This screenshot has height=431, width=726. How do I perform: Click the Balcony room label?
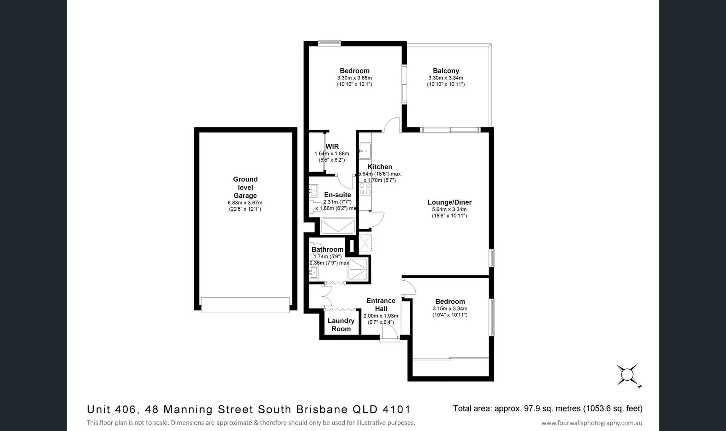(x=446, y=71)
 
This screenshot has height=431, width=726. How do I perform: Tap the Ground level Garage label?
(x=245, y=188)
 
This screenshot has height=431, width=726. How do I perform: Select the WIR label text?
(x=332, y=146)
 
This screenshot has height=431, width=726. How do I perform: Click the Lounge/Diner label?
(x=449, y=202)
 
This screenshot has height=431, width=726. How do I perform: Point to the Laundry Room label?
(x=341, y=325)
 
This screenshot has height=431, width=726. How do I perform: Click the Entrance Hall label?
(x=381, y=304)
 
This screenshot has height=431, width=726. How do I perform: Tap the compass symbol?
(x=627, y=375)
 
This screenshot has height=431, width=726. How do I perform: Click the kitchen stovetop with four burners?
(x=365, y=189)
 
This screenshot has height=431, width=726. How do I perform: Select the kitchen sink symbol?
(x=365, y=151)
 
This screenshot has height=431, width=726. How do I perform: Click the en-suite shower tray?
(x=337, y=226)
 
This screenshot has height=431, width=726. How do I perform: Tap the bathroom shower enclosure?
(x=358, y=269)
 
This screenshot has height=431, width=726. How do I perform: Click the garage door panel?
(x=245, y=305)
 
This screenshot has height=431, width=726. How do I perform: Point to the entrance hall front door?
(x=389, y=333)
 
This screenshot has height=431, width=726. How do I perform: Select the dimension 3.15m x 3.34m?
(x=450, y=308)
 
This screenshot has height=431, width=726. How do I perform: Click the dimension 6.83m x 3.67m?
(x=245, y=203)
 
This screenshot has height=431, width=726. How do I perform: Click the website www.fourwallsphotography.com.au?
(x=592, y=423)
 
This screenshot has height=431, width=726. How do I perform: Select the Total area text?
(x=547, y=409)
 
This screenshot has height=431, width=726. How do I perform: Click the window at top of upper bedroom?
(x=329, y=43)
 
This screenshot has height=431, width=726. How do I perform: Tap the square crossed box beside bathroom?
(x=365, y=243)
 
